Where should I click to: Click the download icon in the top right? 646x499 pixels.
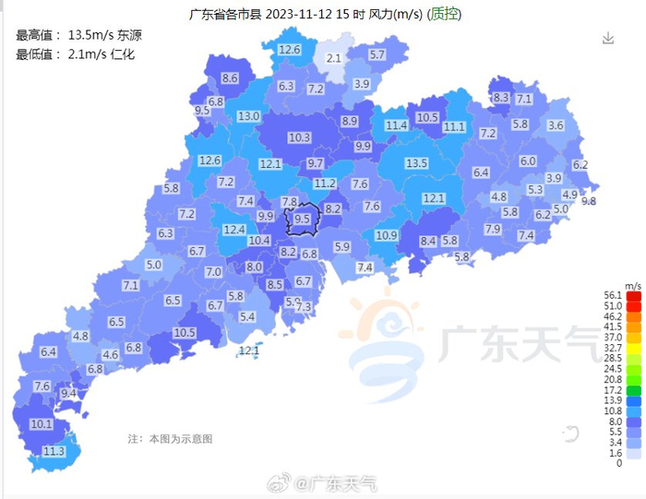click(x=607, y=38)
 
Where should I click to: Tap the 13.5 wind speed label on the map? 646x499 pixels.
click(x=417, y=163)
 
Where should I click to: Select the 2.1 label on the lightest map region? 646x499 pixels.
click(x=334, y=59)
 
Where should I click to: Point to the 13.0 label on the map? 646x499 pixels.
click(x=248, y=117)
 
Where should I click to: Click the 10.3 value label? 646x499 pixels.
click(x=299, y=138)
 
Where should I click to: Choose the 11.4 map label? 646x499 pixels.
click(x=397, y=125)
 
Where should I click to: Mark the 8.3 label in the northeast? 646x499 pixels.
click(x=501, y=98)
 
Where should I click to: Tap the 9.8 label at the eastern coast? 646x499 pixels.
click(x=588, y=201)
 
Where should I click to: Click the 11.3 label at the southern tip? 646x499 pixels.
click(x=54, y=451)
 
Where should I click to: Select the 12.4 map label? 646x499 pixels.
click(x=234, y=229)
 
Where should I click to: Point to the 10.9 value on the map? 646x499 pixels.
click(x=387, y=236)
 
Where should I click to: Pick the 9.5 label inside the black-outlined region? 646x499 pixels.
click(x=302, y=220)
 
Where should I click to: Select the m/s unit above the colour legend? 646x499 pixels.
click(x=633, y=286)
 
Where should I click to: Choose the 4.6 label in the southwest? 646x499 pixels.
click(x=111, y=354)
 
